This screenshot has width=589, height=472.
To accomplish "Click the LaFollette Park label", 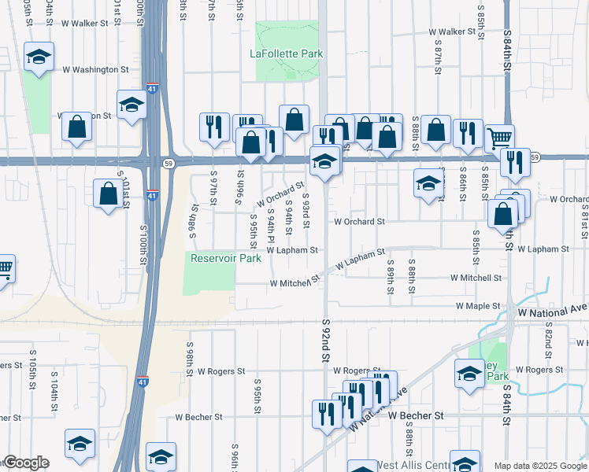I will (287, 54).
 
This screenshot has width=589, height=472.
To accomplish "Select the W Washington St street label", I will (95, 69).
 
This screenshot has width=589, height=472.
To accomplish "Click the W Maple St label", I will (477, 305).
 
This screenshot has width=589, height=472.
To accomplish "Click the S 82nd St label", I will (548, 335).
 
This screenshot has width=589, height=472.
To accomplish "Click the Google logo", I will (26, 463).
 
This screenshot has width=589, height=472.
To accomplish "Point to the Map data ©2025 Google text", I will (540, 466).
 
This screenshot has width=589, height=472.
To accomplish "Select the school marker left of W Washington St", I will (38, 57).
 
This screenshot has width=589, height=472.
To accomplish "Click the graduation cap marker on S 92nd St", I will (324, 160).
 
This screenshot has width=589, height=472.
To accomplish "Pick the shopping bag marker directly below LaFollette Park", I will (294, 120).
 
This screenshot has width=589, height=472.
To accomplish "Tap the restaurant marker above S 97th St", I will (214, 127).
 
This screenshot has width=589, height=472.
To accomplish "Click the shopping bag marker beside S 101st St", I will (107, 194).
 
